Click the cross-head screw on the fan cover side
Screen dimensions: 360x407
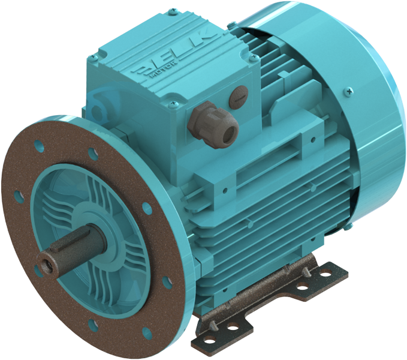tap(348, 91)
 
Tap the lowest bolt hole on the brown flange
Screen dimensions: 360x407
tap(93, 327)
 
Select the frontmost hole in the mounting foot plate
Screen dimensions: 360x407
tap(213, 326)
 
